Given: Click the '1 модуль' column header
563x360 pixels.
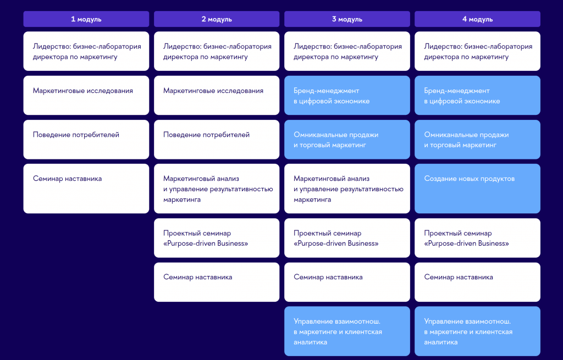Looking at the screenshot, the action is click(86, 19).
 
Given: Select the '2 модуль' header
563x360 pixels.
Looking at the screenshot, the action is click(217, 19).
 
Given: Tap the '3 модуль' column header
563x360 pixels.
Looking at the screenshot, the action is click(347, 19).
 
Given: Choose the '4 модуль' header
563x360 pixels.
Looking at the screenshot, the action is click(477, 19).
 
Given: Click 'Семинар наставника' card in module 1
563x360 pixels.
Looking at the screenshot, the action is click(86, 189).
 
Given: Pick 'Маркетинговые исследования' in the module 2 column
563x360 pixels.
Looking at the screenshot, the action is click(217, 95).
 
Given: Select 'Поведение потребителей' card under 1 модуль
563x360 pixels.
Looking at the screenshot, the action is click(86, 139).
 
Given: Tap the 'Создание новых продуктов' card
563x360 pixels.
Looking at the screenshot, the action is click(477, 189).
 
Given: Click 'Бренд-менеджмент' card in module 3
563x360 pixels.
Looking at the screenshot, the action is click(347, 95).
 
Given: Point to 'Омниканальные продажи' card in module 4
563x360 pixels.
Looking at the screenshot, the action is click(477, 139).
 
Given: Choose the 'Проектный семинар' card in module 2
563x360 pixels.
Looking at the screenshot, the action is click(217, 237).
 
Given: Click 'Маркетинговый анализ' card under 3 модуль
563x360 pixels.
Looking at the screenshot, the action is click(347, 189).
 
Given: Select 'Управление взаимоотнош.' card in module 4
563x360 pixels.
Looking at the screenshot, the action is click(477, 331).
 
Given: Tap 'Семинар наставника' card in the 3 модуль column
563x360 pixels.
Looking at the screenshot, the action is click(347, 282).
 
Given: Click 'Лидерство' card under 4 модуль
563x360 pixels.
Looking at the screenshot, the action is click(477, 51).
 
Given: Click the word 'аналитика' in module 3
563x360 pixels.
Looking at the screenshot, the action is click(310, 342).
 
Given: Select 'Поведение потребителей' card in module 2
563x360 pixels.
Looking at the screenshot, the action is click(217, 139).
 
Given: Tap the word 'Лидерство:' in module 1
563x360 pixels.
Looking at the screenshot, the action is click(52, 47).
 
